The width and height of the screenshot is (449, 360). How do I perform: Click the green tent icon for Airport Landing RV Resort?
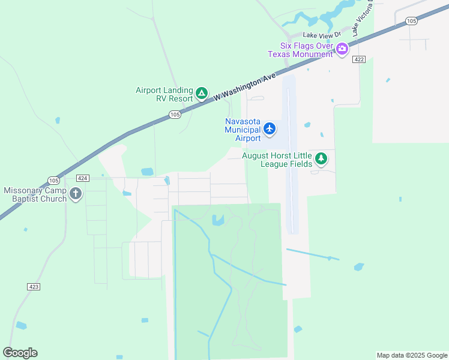click(202, 94)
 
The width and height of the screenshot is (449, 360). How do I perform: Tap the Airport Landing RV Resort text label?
click(164, 94)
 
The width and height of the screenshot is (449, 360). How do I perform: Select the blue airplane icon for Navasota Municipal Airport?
click(270, 128)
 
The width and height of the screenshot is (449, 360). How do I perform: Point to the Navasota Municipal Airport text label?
click(243, 130)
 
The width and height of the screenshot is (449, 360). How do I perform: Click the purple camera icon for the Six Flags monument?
click(342, 49)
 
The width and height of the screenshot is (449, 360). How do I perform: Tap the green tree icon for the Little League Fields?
click(322, 159)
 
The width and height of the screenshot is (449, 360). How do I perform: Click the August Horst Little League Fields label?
click(277, 160)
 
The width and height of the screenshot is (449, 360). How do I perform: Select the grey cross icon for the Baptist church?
click(75, 194)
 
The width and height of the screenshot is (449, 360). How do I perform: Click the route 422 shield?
click(359, 59)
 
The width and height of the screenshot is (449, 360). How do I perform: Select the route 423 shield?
click(34, 287)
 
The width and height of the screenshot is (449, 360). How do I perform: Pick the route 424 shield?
click(83, 178)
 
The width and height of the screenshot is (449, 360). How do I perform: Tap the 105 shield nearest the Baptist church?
click(53, 181)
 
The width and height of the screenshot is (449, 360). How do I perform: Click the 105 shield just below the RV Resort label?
click(175, 114)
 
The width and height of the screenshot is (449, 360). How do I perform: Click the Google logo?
click(20, 353)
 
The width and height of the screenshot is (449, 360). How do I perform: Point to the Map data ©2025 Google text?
click(411, 355)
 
